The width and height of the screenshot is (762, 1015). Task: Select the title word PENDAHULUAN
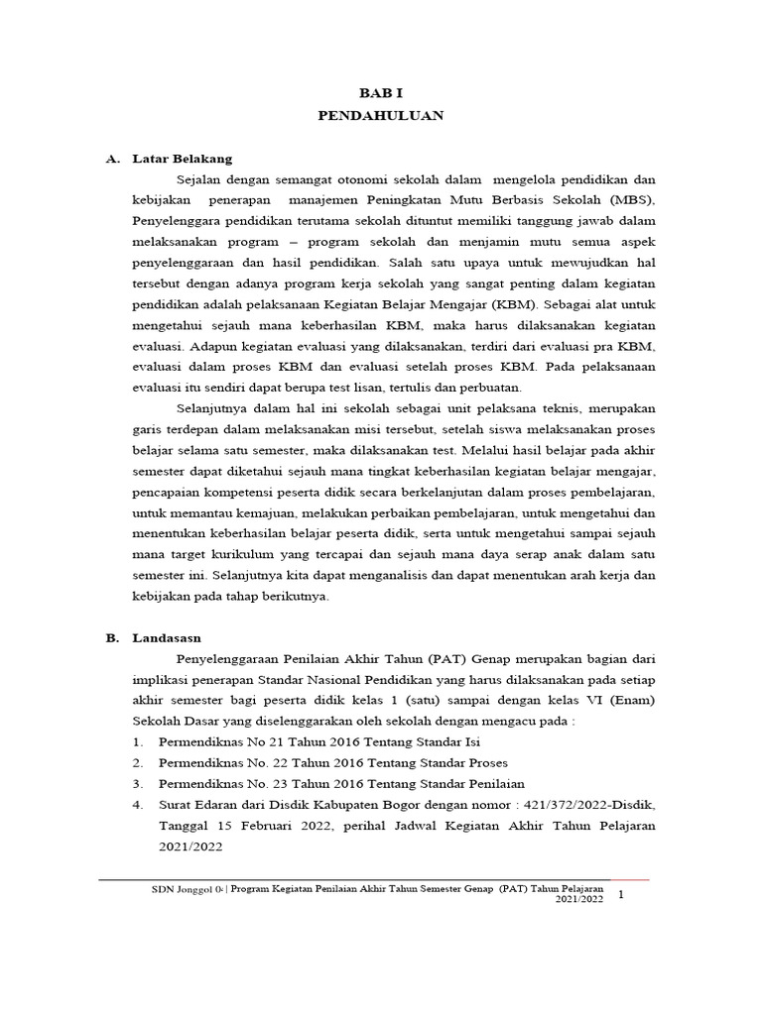point(380,115)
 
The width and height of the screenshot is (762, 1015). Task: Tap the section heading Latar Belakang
point(182,159)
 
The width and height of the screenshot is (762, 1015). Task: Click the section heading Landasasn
point(166,638)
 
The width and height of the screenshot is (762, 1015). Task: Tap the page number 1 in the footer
point(621,896)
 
